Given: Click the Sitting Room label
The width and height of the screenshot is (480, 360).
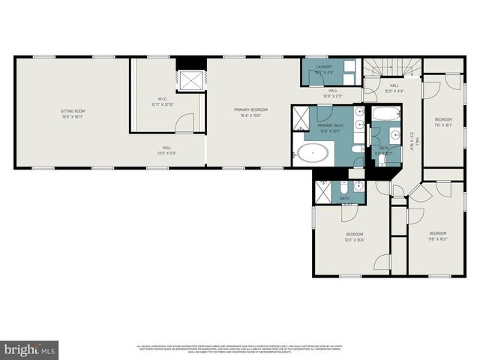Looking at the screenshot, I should [73, 113].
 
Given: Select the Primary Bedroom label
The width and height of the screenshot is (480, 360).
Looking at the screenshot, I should [250, 112].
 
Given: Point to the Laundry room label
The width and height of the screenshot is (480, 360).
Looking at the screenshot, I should [324, 69].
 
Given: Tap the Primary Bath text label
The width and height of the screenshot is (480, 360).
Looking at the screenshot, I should [330, 127].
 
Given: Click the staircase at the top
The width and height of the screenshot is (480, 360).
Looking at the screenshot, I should [392, 67].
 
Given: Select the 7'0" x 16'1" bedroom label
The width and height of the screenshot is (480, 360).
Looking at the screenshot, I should [444, 122].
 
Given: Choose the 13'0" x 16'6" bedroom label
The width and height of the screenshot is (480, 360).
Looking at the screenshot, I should [355, 236].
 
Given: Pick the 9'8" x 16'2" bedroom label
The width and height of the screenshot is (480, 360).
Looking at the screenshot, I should [437, 235].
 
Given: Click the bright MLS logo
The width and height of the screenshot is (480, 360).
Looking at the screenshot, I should [29, 349].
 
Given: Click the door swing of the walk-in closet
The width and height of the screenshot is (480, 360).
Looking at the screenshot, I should [185, 121].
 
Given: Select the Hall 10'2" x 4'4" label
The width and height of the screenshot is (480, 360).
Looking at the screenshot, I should [394, 88].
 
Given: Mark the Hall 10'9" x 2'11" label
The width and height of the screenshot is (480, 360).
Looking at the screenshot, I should [332, 93].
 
